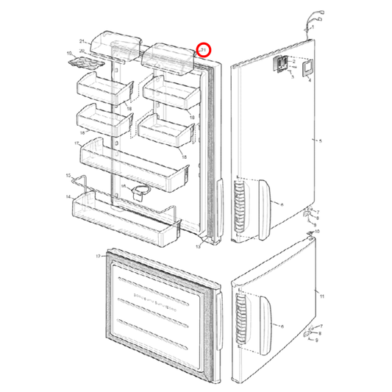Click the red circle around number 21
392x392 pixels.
point(204,50)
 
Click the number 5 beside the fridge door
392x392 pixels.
point(317,140)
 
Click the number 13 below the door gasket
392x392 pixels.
point(198,246)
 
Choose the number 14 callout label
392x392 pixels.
point(67,197)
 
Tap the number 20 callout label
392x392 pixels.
point(82,51)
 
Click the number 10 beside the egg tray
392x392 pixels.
point(70,54)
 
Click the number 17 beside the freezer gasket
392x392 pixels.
point(97,256)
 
